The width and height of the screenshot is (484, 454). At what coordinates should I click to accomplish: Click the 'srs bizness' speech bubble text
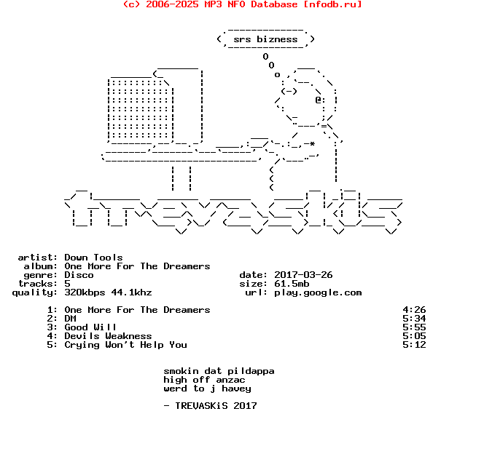click(265, 39)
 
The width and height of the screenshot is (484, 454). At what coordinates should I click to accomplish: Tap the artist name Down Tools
click(93, 258)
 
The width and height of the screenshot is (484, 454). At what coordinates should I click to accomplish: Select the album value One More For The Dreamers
click(137, 266)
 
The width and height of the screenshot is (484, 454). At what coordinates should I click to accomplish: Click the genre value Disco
click(79, 275)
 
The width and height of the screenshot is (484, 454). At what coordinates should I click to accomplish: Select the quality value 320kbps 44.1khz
click(108, 292)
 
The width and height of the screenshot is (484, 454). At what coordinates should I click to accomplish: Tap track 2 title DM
click(70, 319)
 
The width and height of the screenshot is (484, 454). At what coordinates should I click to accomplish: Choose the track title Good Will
click(90, 327)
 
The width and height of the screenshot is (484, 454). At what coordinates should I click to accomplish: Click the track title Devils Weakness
click(108, 336)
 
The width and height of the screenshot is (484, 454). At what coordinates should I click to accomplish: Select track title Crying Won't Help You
click(125, 345)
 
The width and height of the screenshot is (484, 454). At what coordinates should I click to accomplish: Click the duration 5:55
click(414, 327)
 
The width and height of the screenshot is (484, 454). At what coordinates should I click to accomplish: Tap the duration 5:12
click(414, 345)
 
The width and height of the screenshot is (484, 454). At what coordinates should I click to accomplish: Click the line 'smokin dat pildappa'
click(219, 371)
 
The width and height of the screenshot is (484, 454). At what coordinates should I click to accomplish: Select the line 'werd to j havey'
click(207, 389)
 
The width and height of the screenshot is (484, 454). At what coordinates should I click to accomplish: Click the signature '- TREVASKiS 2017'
click(210, 406)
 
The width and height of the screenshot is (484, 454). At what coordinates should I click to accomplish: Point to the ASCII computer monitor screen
click(140, 109)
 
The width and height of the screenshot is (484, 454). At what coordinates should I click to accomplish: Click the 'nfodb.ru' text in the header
click(332, 4)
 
